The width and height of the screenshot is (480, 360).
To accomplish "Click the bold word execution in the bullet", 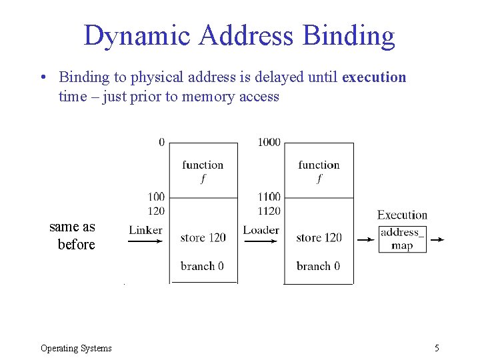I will [x=373, y=77].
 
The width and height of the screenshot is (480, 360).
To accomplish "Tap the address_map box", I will [x=402, y=239].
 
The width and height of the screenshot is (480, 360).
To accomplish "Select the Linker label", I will [x=145, y=230].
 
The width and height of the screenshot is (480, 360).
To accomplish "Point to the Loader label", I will [x=261, y=230].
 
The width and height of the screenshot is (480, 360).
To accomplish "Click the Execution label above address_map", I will [x=402, y=215].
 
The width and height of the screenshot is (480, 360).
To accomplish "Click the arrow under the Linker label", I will [x=145, y=242].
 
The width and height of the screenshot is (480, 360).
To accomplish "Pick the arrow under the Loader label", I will [x=261, y=241].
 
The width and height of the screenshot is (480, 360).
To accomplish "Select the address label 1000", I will [x=269, y=142].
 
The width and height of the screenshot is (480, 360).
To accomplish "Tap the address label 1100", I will [x=269, y=197].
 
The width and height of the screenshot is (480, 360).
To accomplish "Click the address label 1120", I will [x=269, y=211].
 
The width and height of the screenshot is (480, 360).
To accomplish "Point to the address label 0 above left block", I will [x=161, y=142].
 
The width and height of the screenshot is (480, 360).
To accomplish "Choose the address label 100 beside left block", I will [x=156, y=197].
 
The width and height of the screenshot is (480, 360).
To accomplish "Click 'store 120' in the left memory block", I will [x=203, y=237].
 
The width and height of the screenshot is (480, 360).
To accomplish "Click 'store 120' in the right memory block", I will [x=319, y=237].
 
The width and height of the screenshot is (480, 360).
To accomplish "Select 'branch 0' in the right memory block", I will [x=318, y=266].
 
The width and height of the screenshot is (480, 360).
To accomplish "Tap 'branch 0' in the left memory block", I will [x=202, y=266].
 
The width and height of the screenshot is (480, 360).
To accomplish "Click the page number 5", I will [x=437, y=348].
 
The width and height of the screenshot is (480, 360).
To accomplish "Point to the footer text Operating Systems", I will [x=76, y=348].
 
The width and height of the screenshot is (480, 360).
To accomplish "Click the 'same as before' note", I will [x=73, y=236].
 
